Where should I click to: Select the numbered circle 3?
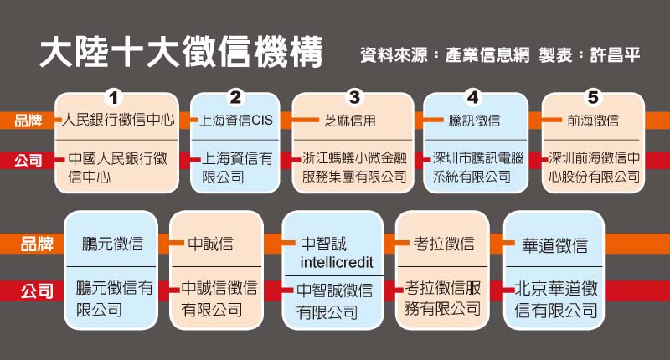tap(354, 95)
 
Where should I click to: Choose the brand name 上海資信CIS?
tap(237, 121)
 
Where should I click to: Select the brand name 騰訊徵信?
tap(475, 121)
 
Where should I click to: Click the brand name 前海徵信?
tap(593, 121)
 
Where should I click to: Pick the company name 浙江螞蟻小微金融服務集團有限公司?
tap(354, 167)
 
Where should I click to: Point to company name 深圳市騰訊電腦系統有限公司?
tap(475, 167)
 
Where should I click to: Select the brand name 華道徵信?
tap(555, 245)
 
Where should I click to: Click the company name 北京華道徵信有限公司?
tap(555, 300)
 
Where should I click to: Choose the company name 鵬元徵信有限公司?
tap(113, 300)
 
